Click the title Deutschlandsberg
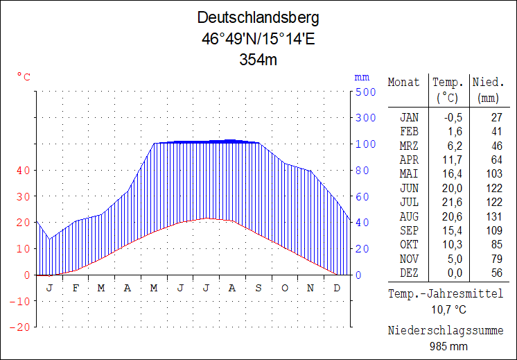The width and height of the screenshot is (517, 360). pyautogui.click(x=258, y=17)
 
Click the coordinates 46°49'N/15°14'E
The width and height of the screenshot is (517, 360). pyautogui.click(x=258, y=39)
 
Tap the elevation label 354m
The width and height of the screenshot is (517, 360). pyautogui.click(x=258, y=60)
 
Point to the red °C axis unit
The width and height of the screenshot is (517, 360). pyautogui.click(x=24, y=77)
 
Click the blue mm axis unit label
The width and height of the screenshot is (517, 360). pyautogui.click(x=362, y=77)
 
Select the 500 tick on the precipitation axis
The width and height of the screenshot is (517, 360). pyautogui.click(x=366, y=92)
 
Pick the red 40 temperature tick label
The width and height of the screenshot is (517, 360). pyautogui.click(x=23, y=170)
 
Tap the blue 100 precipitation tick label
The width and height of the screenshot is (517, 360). pyautogui.click(x=366, y=144)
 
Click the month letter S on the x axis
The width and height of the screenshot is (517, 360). pyautogui.click(x=258, y=287)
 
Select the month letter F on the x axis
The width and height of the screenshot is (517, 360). pyautogui.click(x=75, y=287)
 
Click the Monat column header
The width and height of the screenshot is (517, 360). pyautogui.click(x=403, y=83)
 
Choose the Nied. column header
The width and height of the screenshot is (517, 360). pyautogui.click(x=488, y=83)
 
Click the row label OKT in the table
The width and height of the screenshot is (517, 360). pyautogui.click(x=409, y=244)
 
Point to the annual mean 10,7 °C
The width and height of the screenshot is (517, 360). pyautogui.click(x=448, y=309)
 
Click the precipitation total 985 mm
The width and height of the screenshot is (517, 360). pyautogui.click(x=448, y=345)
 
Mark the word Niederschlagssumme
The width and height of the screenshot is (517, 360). pyautogui.click(x=446, y=330)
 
